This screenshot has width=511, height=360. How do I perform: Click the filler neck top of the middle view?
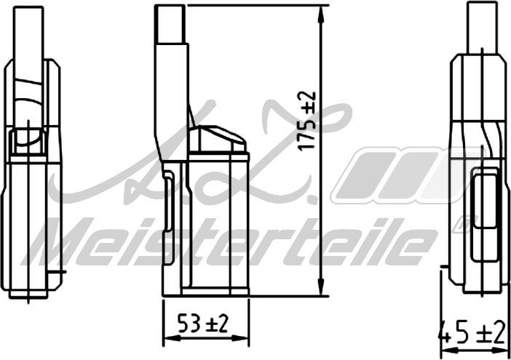[x=171, y=22]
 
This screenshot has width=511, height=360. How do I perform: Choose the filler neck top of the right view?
[x=483, y=25]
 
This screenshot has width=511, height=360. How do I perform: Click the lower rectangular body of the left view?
[x=29, y=225]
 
